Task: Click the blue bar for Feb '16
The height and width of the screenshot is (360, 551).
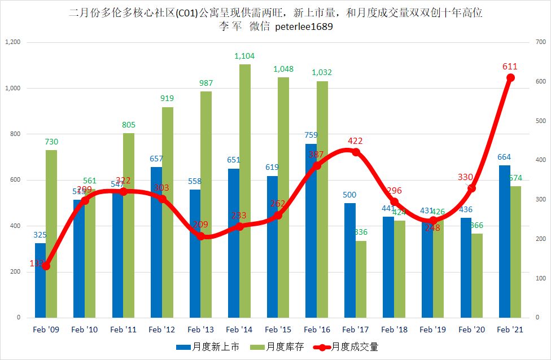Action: (x=311, y=254)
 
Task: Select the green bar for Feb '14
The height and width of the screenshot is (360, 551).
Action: (x=244, y=192)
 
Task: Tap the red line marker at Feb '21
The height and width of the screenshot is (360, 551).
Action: (x=510, y=78)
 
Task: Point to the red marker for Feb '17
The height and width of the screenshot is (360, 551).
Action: (x=356, y=152)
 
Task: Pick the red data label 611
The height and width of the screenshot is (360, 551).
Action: (x=510, y=67)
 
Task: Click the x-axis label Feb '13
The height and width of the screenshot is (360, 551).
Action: (x=200, y=330)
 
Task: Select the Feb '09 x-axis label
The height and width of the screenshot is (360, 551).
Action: (x=46, y=330)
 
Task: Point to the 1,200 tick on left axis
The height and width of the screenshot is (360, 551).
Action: (x=12, y=42)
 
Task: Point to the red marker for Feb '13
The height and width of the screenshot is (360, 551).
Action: (x=200, y=236)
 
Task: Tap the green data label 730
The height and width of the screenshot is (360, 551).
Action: (x=51, y=142)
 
